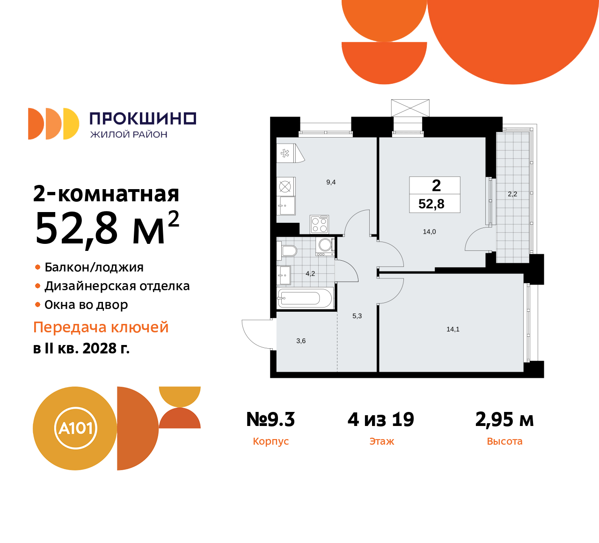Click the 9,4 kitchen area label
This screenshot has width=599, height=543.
click(x=331, y=183)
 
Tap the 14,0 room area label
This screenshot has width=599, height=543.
click(x=429, y=232)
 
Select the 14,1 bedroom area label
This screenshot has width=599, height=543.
click(x=453, y=330)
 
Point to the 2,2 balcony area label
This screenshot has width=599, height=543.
click(x=512, y=194)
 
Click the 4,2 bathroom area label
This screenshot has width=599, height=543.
click(x=310, y=274)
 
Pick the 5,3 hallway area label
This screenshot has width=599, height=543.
click(x=357, y=316)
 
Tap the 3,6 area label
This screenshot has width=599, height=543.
click(x=301, y=341)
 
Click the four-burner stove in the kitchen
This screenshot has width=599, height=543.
click(x=320, y=224)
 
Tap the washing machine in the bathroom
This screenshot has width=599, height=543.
click(x=325, y=246)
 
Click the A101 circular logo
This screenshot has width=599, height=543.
click(x=75, y=428)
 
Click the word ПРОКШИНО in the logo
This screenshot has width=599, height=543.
click(x=143, y=118)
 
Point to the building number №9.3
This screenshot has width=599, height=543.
click(x=270, y=419)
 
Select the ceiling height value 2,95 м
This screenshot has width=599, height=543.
click(x=504, y=419)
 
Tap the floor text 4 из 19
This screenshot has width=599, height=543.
click(x=381, y=419)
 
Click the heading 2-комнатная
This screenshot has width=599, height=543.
click(x=106, y=194)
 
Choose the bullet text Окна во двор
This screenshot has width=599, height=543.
click(x=86, y=305)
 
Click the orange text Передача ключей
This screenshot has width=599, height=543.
click(x=101, y=327)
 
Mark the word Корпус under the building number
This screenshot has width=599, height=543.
click(x=270, y=441)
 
